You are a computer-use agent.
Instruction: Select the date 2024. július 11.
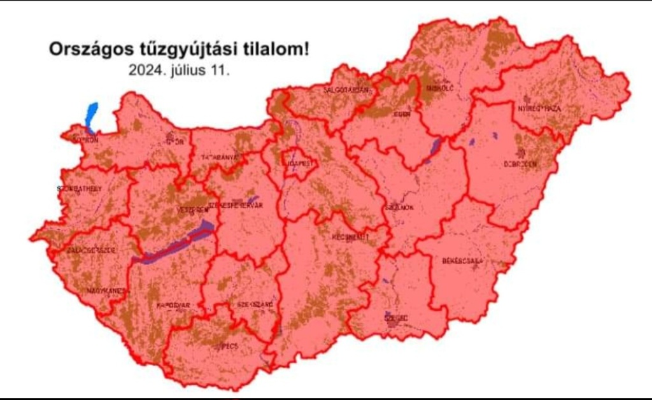click(x=179, y=70)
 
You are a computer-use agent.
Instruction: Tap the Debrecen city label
click(x=521, y=164)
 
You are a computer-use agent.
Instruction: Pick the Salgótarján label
click(x=346, y=90)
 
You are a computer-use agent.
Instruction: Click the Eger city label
click(x=402, y=114)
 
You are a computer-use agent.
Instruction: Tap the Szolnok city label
click(x=399, y=208)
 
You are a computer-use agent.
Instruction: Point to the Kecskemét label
click(x=350, y=237)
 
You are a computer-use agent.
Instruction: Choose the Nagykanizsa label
click(x=104, y=291)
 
